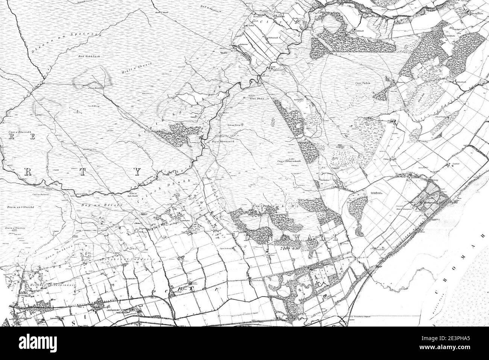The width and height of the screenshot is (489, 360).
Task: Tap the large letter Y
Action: point(138,172)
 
